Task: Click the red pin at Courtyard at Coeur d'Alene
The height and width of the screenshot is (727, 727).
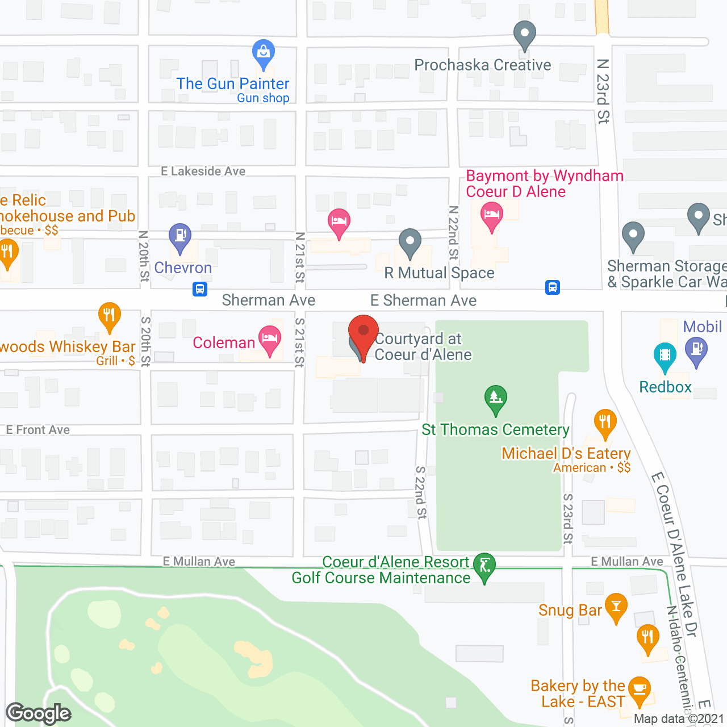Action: pos(363,333)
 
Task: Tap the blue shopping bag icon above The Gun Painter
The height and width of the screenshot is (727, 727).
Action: pos(263,53)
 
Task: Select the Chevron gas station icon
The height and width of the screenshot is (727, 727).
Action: pos(180,236)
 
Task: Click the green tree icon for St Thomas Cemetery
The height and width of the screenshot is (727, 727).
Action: pos(495,398)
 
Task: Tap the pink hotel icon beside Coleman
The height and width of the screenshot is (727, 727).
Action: pos(270,339)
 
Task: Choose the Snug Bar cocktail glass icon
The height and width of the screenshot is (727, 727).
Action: pos(616,606)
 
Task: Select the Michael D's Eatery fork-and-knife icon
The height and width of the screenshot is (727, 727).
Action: pos(605,423)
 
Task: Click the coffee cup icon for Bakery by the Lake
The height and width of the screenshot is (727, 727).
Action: pos(640,690)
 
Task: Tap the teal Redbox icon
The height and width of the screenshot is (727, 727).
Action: pos(665,356)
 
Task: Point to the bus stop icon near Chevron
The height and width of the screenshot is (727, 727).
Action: pos(199,289)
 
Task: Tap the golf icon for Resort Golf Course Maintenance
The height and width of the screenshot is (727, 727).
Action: pos(484,566)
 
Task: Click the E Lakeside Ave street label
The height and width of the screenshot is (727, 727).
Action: pos(203,171)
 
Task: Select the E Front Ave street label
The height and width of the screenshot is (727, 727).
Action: pos(38,430)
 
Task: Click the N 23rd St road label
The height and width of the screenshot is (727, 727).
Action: pos(603,91)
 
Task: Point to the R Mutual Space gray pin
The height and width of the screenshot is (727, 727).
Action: pos(410,242)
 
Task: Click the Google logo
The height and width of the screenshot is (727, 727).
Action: pos(39,713)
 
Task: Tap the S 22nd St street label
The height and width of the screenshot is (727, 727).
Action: pos(420,492)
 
